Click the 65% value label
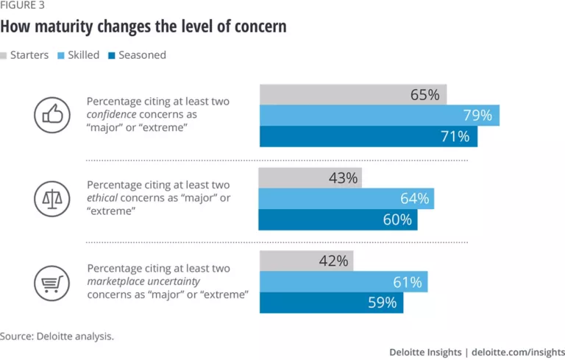point(424,95)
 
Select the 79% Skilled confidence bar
point(379,116)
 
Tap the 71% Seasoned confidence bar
point(368,137)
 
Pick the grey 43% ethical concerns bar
point(310,178)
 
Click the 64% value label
point(415,199)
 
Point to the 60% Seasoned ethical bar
point(338,219)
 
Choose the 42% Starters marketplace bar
point(306,261)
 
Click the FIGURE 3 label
point(23,10)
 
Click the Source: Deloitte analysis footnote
point(57,336)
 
